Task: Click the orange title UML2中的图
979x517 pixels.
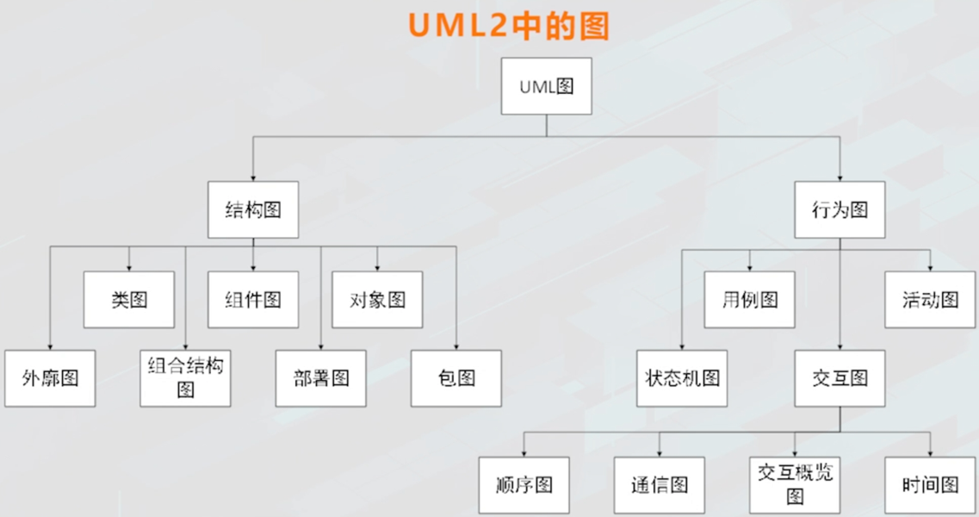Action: (x=509, y=26)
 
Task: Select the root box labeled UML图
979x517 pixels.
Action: (x=547, y=86)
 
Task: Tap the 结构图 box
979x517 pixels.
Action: (x=253, y=209)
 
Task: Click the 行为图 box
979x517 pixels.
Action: (x=840, y=209)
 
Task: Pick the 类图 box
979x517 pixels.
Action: (x=129, y=300)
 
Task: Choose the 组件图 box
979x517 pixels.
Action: (x=253, y=300)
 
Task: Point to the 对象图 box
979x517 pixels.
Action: (x=377, y=300)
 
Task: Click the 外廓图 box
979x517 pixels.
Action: (x=50, y=378)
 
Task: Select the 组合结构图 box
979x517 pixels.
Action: (x=186, y=378)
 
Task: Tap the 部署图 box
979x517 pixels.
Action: (x=321, y=378)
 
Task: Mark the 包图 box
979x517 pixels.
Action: (x=456, y=378)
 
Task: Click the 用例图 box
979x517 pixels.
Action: (x=749, y=300)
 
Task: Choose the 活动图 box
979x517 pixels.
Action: (x=931, y=300)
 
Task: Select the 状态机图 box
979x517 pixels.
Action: (x=682, y=378)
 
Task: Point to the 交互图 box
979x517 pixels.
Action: (x=840, y=378)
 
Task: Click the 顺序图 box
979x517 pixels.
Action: (x=524, y=485)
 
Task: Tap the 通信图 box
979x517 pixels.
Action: (x=660, y=485)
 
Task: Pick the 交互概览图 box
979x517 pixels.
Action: (x=795, y=485)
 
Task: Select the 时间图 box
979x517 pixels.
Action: (x=931, y=485)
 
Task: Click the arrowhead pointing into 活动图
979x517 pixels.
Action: (x=931, y=267)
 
